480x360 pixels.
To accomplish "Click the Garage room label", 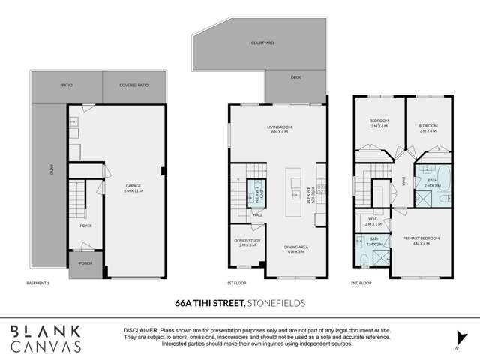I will pos(133,187).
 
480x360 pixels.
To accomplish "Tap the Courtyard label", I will pos(262,44).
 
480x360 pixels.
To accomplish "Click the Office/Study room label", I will pos(246,242).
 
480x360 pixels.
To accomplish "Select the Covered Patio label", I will pos(133,85).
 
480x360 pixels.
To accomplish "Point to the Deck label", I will pos(295,76).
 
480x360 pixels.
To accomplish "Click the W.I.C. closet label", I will pos(373,222).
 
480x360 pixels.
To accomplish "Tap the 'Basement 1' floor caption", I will pos(37,283).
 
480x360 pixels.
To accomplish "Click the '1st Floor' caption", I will pos(237,283).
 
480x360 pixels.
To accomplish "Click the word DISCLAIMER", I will pos(139,330).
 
